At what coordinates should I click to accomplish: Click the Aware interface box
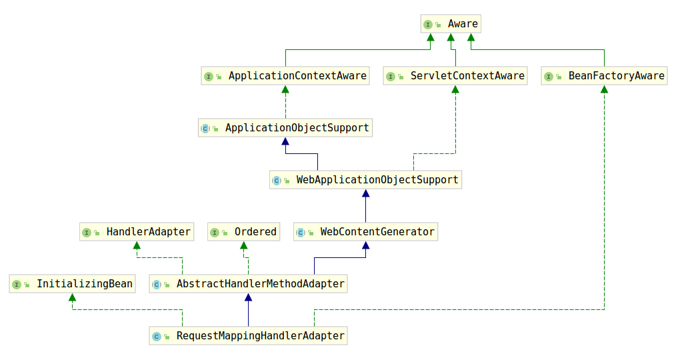coord(451,24)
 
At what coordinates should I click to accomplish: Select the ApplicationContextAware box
coord(285,76)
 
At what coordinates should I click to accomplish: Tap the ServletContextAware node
coord(455,76)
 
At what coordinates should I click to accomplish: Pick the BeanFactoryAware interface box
coord(604,76)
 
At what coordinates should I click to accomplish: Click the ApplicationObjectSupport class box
coord(285,127)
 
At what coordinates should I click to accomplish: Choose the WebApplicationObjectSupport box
coord(365,180)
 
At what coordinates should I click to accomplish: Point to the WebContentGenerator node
coord(365,232)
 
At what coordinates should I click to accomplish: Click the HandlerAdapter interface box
coord(137,232)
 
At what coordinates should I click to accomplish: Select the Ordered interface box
coord(243,232)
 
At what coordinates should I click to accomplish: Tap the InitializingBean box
coord(72,284)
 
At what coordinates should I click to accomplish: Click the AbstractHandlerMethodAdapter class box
coord(248,284)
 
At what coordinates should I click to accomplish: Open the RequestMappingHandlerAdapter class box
coord(248,336)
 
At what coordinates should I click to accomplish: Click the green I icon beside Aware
coord(428,25)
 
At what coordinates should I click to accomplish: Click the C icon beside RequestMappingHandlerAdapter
coord(157,337)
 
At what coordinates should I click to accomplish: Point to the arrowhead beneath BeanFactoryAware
coord(604,89)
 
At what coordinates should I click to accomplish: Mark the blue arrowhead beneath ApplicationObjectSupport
coord(285,141)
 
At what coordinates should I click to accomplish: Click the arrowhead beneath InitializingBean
coord(72,297)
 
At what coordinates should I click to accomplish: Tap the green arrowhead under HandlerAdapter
coord(137,245)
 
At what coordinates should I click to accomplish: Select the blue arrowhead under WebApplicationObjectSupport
coord(365,193)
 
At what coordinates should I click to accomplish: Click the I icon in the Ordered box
coord(215,233)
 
